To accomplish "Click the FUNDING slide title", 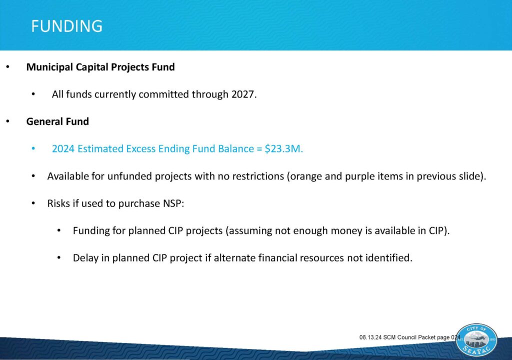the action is [x=67, y=26].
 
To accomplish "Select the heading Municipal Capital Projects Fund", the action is [x=100, y=67].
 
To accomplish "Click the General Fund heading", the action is [x=57, y=121].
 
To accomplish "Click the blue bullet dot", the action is [x=33, y=148].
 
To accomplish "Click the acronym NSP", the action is [x=172, y=203].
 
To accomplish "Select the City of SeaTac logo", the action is [x=476, y=340].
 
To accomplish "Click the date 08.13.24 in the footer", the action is [x=370, y=337].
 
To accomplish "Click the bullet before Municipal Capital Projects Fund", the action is [x=8, y=67].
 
